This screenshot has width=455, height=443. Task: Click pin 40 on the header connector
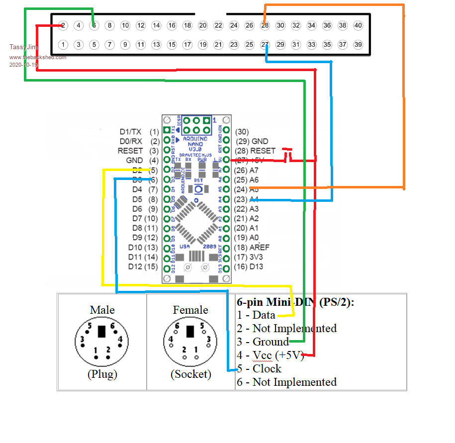(358, 25)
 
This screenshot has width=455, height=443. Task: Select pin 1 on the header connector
(63, 45)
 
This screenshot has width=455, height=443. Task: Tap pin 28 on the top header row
(265, 25)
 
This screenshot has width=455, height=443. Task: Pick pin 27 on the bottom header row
(265, 45)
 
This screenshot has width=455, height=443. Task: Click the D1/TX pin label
(130, 132)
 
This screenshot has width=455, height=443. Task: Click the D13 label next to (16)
(256, 266)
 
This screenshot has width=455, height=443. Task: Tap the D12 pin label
(135, 266)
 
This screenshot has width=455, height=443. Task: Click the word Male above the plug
(102, 310)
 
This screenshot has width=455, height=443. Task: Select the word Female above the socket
(190, 310)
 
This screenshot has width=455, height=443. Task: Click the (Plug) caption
(102, 374)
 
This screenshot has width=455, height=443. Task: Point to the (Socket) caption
(190, 374)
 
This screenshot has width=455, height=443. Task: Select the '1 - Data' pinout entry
(256, 315)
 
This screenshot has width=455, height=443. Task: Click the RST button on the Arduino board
(198, 189)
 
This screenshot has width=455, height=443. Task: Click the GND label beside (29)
(260, 141)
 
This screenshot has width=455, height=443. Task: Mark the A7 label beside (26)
(255, 170)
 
